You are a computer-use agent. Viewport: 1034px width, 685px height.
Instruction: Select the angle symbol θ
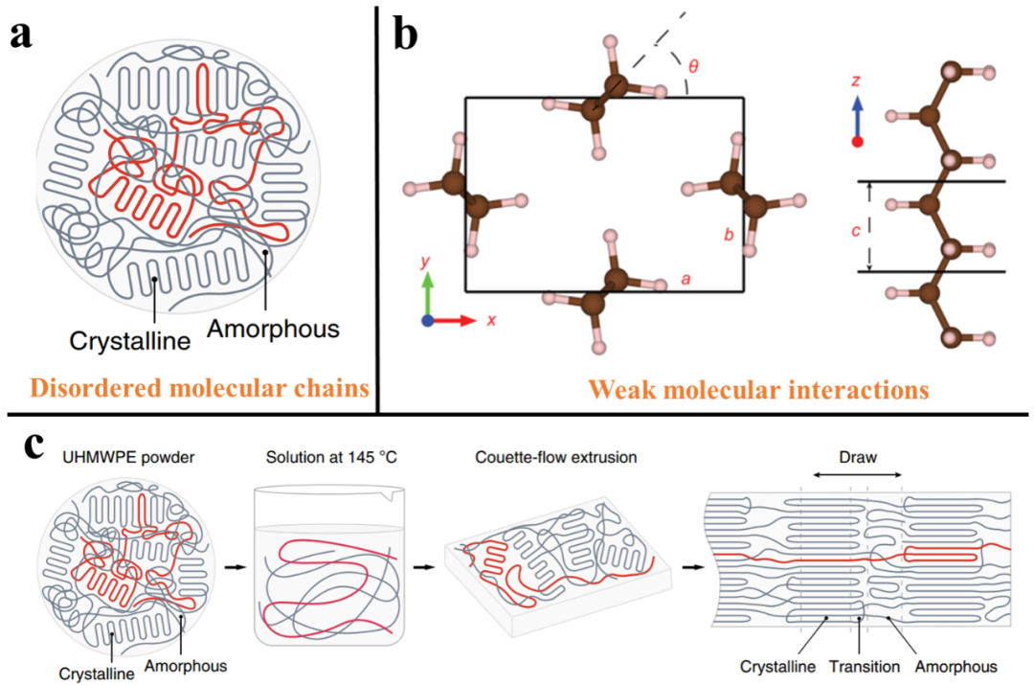click(694, 66)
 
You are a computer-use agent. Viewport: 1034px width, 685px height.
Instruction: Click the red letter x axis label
click(491, 320)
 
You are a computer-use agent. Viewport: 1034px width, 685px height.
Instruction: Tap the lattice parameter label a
click(686, 279)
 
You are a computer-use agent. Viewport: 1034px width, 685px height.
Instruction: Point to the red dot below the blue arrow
click(857, 142)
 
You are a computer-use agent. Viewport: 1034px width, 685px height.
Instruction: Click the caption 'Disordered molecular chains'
click(199, 388)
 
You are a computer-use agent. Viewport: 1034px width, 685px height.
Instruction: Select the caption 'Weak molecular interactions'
click(756, 390)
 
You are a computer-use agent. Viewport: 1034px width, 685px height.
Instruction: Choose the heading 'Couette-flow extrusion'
click(556, 457)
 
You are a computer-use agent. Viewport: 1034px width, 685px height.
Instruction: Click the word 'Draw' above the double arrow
click(857, 457)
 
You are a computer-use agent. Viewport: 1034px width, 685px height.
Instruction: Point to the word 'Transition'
click(865, 667)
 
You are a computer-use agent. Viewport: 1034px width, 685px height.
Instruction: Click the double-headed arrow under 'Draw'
click(857, 474)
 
